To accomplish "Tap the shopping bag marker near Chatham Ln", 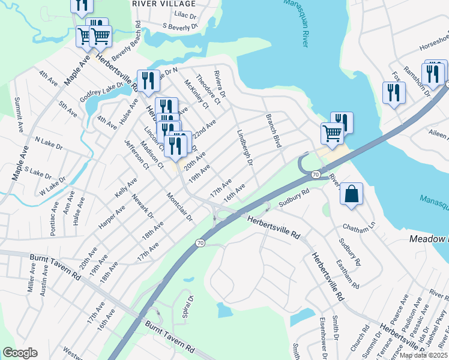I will [351, 194].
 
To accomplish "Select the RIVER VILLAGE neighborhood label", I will [164, 4].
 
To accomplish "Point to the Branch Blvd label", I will [273, 130].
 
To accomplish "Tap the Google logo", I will [20, 353].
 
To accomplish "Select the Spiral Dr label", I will [190, 305].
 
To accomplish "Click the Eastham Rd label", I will [348, 273].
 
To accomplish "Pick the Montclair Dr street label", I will [179, 207].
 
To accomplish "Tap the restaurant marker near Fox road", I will [394, 93].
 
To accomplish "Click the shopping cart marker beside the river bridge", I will [332, 133].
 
